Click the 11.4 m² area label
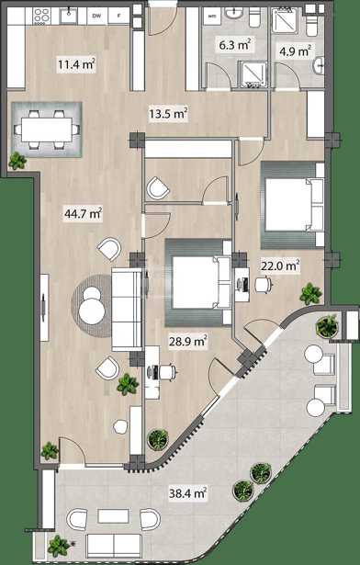[x=76, y=65]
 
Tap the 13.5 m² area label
[x=168, y=114]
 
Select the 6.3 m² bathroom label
[x=235, y=45]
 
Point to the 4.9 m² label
[x=295, y=51]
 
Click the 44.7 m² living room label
[x=84, y=214]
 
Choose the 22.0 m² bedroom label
[x=280, y=266]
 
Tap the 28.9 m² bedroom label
[x=187, y=341]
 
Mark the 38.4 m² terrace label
[x=187, y=492]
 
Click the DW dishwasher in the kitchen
[x=96, y=16]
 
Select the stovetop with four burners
[x=41, y=17]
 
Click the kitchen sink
[x=68, y=16]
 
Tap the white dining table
[x=47, y=130]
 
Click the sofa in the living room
[x=127, y=310]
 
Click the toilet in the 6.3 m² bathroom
[x=254, y=17]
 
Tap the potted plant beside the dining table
[x=17, y=161]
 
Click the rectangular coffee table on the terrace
[x=114, y=516]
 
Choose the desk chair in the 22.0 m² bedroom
[x=264, y=285]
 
